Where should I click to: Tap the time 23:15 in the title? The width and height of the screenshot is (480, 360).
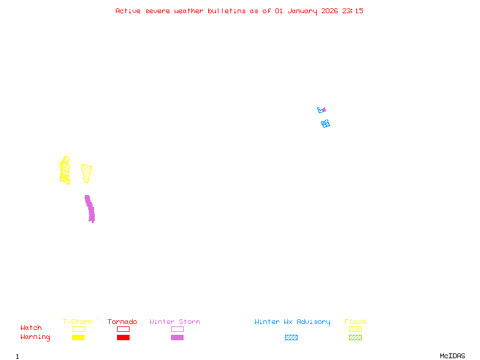point(353,11)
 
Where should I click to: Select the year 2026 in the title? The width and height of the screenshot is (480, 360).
point(329,11)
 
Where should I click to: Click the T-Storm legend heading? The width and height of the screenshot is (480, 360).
point(77,322)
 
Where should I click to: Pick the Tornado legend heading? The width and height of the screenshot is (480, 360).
point(122,322)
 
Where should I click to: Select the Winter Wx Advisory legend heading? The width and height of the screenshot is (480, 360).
point(292,322)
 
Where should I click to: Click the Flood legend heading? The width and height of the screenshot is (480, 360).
point(355,322)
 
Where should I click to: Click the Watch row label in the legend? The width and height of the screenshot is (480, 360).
point(31,328)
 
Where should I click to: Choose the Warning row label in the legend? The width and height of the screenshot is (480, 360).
point(35,337)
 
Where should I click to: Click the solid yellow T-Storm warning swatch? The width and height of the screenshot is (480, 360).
point(78,338)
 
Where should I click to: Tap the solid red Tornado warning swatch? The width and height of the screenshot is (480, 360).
point(123,338)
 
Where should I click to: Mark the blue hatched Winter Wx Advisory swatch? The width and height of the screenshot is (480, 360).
point(291,338)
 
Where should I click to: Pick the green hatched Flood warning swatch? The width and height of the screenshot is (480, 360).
point(355,338)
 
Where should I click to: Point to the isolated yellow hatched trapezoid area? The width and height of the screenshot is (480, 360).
point(87,172)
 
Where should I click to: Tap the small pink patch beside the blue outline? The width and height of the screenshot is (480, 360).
point(324,110)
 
